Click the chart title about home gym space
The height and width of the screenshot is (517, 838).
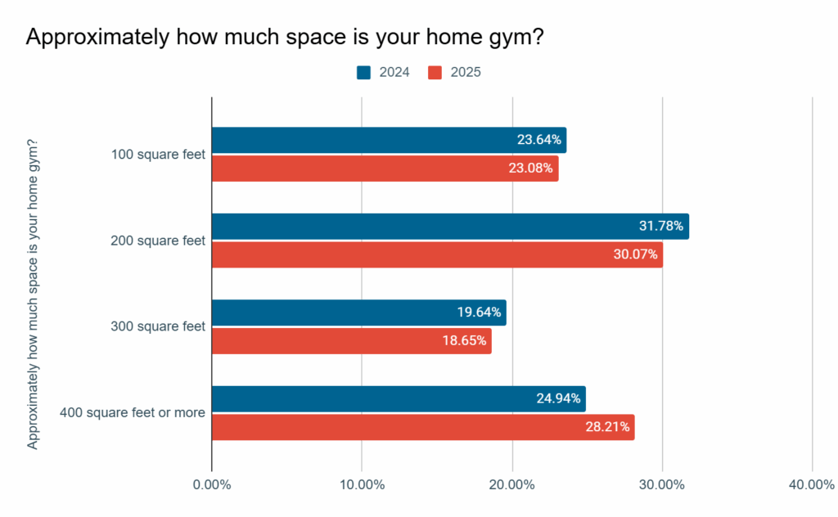(x=285, y=38)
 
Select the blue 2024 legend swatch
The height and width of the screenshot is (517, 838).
(x=364, y=73)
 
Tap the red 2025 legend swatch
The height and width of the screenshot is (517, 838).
(x=435, y=73)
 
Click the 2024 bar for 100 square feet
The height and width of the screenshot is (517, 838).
(x=389, y=140)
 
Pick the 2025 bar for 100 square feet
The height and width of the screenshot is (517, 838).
(x=385, y=169)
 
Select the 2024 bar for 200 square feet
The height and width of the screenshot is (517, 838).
(x=450, y=227)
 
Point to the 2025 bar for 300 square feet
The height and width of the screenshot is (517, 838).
(x=351, y=341)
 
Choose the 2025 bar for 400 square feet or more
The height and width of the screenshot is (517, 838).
(x=422, y=427)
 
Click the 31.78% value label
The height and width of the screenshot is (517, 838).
(x=660, y=227)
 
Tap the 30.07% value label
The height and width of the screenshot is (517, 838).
(x=635, y=254)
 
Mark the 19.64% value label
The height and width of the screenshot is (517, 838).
(x=479, y=312)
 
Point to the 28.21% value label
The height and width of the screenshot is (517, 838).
(x=607, y=427)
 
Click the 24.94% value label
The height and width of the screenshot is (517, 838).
(x=558, y=399)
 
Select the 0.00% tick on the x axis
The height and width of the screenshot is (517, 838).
(x=212, y=485)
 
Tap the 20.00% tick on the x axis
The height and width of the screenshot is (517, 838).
(x=512, y=485)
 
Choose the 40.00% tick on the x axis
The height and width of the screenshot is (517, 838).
(x=812, y=485)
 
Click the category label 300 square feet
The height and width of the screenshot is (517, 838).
(x=158, y=326)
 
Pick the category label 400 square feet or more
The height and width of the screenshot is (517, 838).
(x=133, y=412)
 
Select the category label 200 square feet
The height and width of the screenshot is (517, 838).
(x=158, y=241)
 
